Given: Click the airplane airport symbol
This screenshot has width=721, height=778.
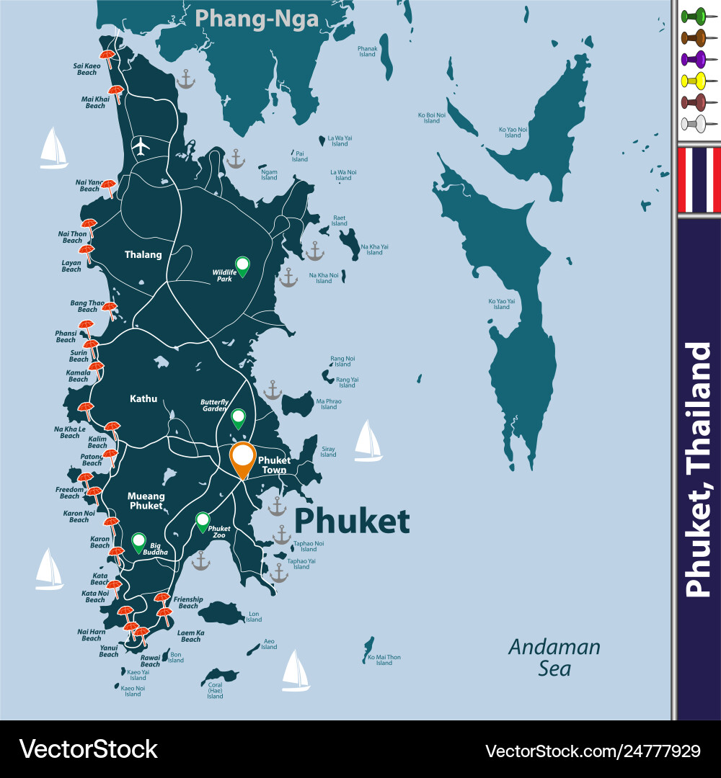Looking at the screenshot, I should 141,146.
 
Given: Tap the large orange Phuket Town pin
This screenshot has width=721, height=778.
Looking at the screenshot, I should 243,460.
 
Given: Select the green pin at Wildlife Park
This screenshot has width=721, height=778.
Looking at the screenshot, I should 242,265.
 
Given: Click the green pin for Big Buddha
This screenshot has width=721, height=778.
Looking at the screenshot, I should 138,541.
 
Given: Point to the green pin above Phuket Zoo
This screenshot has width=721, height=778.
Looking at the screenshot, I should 203,521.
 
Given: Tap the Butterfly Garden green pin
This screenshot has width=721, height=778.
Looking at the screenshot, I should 238,417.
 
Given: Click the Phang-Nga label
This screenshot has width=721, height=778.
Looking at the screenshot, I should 257,18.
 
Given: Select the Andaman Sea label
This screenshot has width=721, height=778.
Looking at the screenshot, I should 554,657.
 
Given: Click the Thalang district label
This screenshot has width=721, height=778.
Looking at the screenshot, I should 143,254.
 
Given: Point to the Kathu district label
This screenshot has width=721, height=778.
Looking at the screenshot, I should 143,398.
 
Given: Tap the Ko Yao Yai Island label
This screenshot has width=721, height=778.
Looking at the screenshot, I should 501,304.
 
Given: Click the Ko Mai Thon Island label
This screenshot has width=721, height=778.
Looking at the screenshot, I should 384,660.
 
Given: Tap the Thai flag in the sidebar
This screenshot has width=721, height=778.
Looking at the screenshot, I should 699,180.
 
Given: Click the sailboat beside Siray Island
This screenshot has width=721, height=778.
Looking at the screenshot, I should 368,441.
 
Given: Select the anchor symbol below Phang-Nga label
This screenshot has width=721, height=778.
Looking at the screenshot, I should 186,79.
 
